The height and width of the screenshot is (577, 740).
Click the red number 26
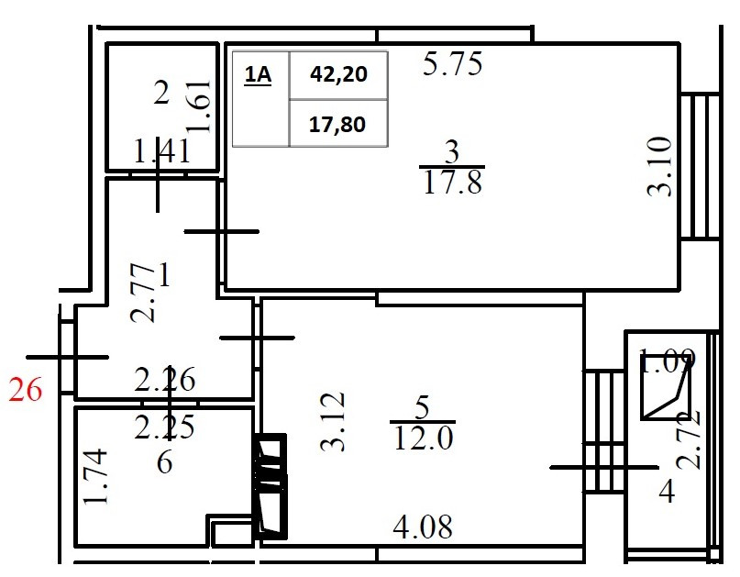click(26, 391)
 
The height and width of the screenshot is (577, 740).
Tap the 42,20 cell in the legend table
click(338, 74)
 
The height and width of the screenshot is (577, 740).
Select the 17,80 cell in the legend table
click(338, 124)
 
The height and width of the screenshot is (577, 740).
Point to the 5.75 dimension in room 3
click(452, 65)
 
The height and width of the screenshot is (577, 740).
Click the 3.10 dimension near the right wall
click(660, 166)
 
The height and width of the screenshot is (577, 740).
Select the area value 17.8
click(453, 183)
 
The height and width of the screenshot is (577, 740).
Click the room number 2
click(161, 93)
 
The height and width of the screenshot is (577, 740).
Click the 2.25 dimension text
click(165, 427)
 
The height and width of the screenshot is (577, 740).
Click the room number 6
click(164, 461)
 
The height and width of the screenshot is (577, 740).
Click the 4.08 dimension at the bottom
click(423, 527)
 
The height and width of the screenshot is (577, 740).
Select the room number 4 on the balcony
click(667, 493)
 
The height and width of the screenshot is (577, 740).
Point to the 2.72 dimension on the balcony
click(692, 438)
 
